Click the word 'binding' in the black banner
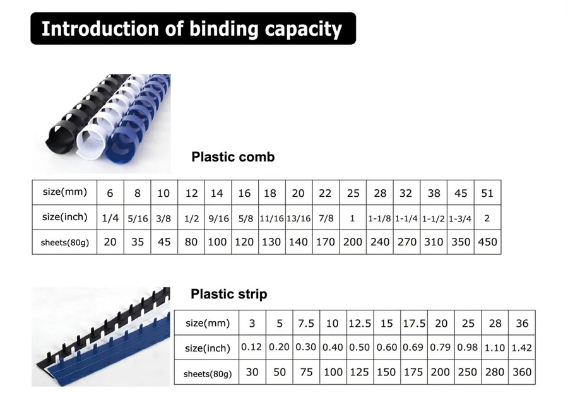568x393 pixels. coord(223,30)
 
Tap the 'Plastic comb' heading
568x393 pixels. coord(233,157)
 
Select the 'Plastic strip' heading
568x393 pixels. coord(229,294)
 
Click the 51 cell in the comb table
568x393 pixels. coord(487,193)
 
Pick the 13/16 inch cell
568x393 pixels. coord(299,218)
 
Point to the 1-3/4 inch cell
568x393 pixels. coord(460,219)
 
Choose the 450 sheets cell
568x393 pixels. coord(488,242)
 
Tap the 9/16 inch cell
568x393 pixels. coord(218,218)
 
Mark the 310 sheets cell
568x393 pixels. coord(434,242)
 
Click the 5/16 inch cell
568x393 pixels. coord(138,218)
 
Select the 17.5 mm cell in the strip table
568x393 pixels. coord(414,323)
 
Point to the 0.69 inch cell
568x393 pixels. coord(413,348)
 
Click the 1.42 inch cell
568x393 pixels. coord(522,348)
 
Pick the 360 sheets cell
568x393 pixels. coord(522,372)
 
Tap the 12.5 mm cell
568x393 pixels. coord(360,323)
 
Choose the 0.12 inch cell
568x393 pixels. coord(251,347)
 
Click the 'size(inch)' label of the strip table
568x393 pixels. coord(207,348)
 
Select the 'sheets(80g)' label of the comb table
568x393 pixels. coord(65,242)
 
